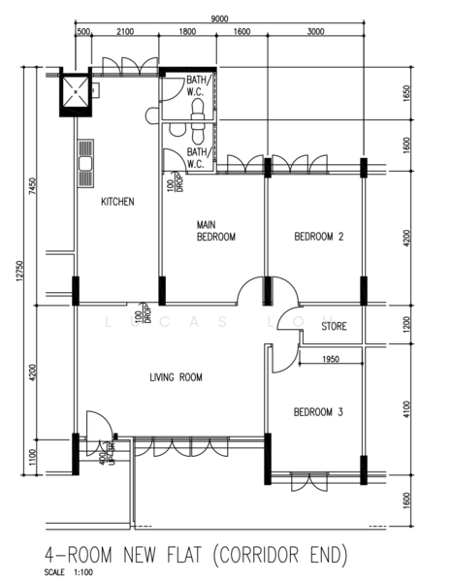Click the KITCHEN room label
click(x=117, y=202)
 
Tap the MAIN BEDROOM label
click(x=216, y=231)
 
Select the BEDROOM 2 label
click(x=319, y=237)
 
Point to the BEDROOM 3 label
click(x=318, y=412)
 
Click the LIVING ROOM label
click(x=176, y=377)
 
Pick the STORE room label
click(x=334, y=326)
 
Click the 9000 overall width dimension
click(x=219, y=18)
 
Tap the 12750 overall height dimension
click(x=19, y=272)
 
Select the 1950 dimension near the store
click(x=331, y=359)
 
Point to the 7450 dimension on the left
click(x=33, y=186)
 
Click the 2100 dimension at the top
click(x=125, y=32)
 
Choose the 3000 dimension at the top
click(x=315, y=32)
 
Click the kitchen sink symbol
click(x=85, y=163)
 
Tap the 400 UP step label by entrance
click(x=108, y=453)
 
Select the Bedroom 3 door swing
click(x=285, y=359)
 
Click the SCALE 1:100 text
click(x=69, y=572)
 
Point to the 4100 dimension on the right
click(x=406, y=409)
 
